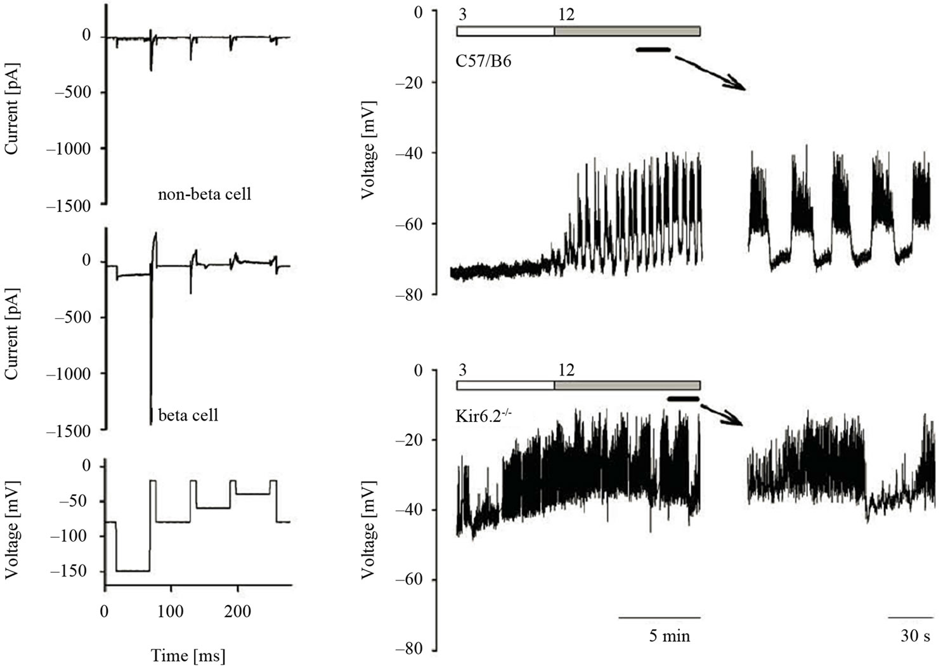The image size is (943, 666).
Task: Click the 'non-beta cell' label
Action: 204,193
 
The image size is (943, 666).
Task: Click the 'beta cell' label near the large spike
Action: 188,415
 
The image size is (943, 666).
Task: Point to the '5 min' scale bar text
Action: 670,636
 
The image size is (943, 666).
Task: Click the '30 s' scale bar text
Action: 915,636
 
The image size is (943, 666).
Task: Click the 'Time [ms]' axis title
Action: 188,655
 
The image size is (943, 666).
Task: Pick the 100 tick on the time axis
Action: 169,612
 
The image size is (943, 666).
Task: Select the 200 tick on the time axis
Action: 238,612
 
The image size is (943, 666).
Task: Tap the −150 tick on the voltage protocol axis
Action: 76,571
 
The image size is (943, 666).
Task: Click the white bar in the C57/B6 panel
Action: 505,31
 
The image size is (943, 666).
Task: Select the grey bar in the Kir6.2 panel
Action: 627,385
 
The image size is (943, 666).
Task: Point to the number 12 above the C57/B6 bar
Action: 566,13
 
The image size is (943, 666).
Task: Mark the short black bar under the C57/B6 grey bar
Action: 653,49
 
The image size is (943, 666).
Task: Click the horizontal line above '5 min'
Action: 660,617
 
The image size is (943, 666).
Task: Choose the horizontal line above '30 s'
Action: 911,617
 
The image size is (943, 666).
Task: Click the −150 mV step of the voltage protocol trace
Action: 132,571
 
